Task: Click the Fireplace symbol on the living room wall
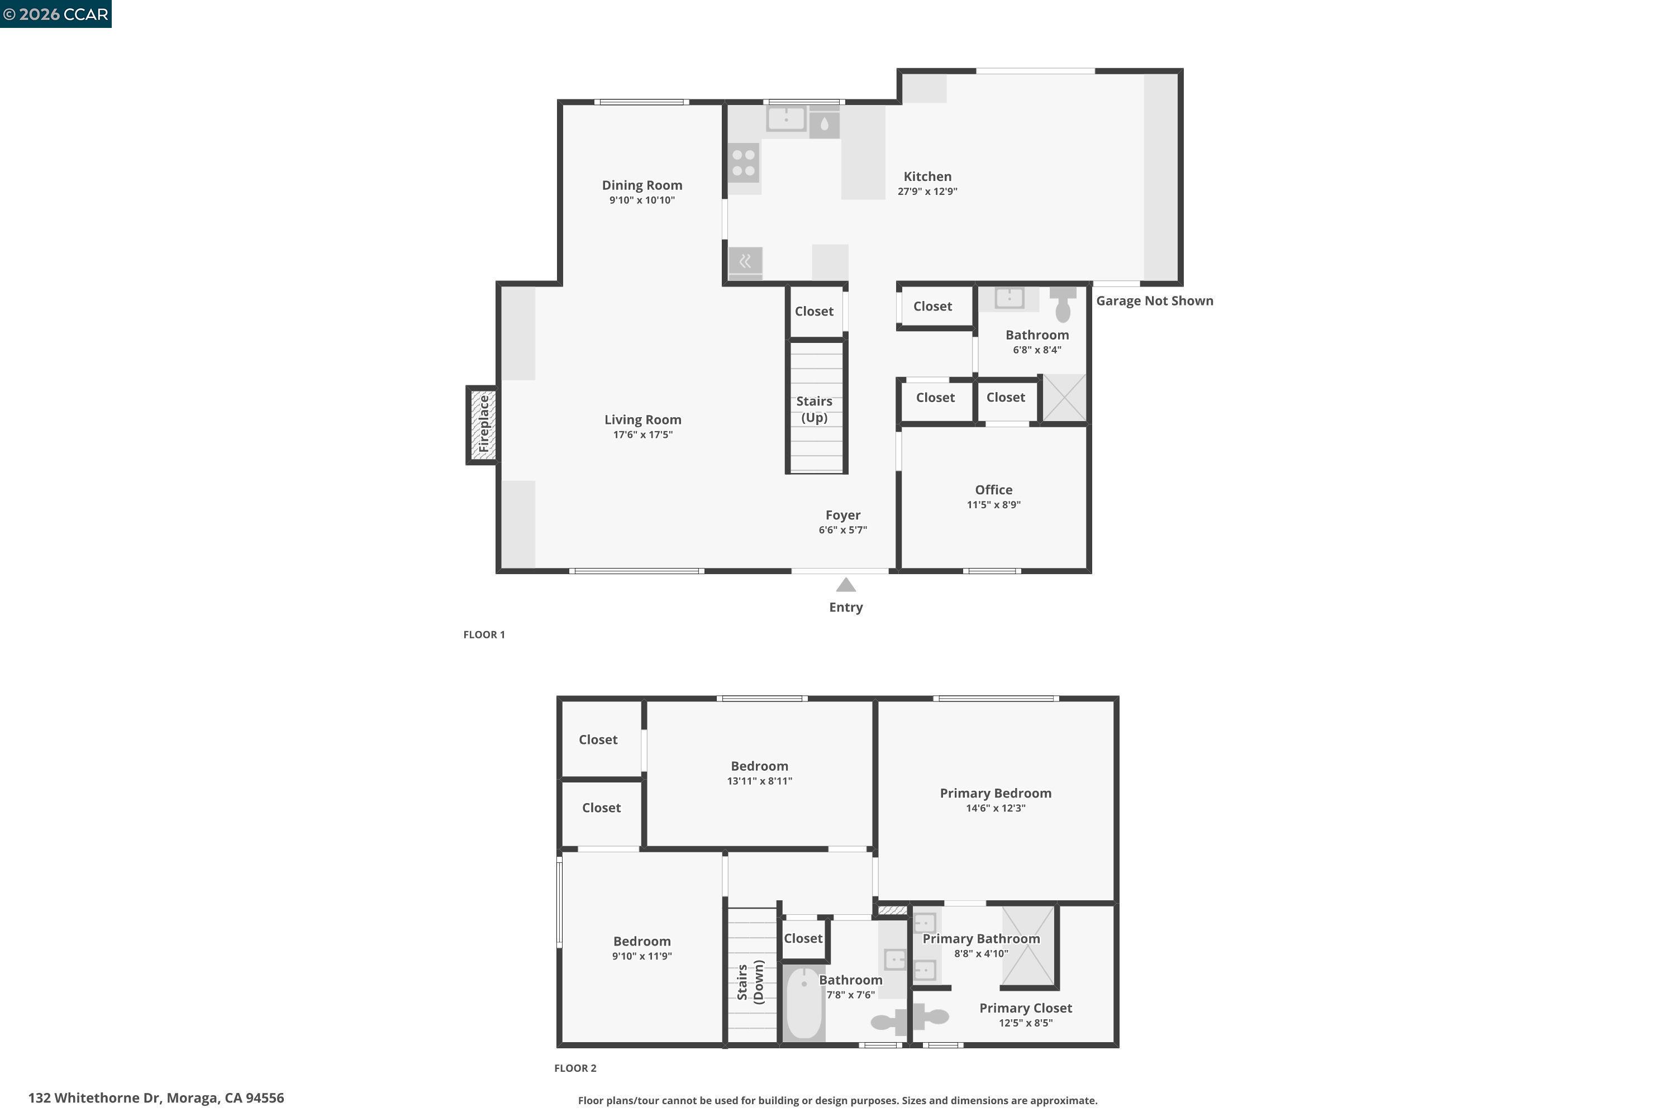483,425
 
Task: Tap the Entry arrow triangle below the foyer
845,585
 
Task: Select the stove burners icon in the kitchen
743,163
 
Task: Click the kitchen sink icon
786,118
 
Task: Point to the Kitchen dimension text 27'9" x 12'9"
926,192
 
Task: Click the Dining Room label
641,185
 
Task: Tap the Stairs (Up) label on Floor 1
814,409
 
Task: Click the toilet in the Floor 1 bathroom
1062,304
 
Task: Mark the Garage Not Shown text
1154,300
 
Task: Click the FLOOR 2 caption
574,1068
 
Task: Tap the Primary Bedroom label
995,793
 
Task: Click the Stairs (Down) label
750,982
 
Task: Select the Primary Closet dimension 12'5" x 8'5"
1025,1023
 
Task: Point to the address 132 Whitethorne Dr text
155,1098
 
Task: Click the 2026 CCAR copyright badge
55,15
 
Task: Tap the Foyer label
842,515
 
